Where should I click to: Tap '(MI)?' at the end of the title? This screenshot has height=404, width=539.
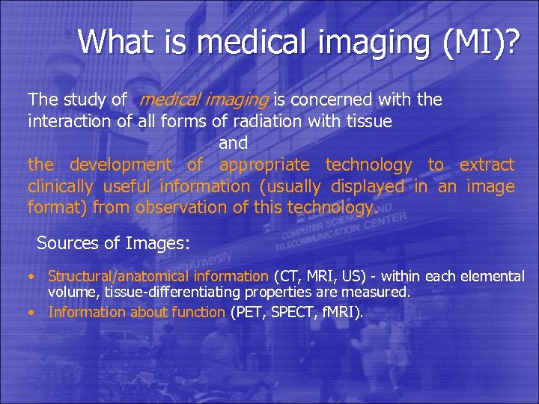[x=479, y=42]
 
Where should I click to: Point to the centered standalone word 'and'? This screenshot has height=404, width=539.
[x=233, y=142]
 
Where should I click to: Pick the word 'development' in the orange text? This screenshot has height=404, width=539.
[x=121, y=165]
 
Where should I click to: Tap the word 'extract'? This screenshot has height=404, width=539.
[x=487, y=165]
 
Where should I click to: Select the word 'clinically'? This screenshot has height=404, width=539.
[x=61, y=186]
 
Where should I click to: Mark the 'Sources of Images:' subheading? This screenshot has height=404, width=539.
[x=114, y=243]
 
